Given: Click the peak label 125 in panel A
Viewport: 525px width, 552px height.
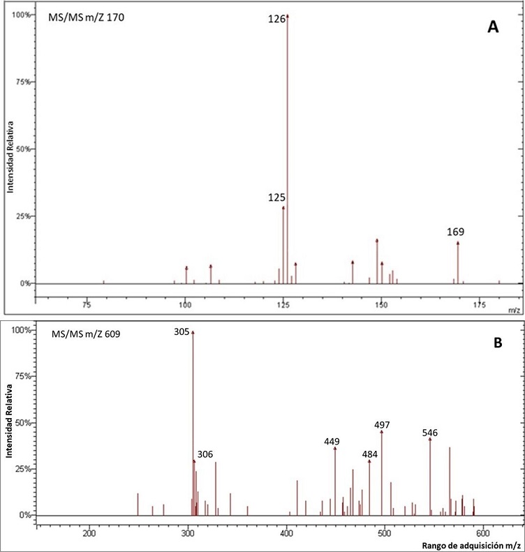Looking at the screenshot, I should (276, 198).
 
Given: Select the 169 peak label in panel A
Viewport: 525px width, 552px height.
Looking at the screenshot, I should (456, 232).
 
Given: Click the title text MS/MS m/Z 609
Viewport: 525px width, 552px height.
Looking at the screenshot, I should (87, 334).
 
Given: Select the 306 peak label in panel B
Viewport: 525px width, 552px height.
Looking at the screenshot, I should (205, 454).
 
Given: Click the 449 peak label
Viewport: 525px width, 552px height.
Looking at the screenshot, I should (332, 441).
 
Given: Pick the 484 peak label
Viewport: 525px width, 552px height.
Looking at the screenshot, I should (369, 454).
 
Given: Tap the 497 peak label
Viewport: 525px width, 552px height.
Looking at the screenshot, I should (382, 425).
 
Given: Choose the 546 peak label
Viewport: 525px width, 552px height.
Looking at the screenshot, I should (430, 433).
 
